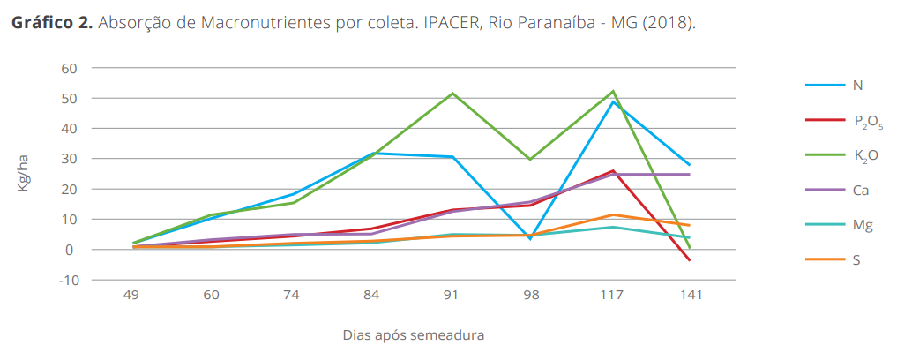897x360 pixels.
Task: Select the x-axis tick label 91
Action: [x=451, y=296]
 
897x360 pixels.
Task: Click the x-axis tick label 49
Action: [x=132, y=296]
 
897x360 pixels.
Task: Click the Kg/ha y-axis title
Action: [x=24, y=174]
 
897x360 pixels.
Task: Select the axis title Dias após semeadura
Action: [x=413, y=335]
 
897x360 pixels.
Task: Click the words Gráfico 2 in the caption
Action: [x=51, y=22]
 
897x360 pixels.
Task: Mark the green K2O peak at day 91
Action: [x=452, y=94]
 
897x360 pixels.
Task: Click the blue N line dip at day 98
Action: [x=531, y=238]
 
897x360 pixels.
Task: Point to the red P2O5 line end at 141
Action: [x=690, y=260]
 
